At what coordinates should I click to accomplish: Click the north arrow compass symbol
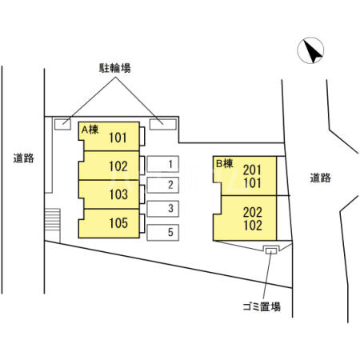click(311, 53)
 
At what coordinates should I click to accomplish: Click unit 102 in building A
click(118, 166)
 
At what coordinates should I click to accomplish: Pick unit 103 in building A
click(118, 194)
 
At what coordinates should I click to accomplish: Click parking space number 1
click(170, 165)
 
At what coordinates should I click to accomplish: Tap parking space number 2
click(170, 186)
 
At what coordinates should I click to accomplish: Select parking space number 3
click(170, 209)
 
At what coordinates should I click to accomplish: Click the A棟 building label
click(89, 129)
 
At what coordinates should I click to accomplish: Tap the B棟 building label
click(224, 163)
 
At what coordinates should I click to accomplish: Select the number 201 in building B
click(252, 169)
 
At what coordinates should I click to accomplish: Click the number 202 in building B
click(252, 214)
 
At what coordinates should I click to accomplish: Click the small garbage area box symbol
click(271, 251)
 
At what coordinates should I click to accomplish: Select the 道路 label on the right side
click(320, 178)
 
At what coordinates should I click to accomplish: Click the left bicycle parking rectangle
click(62, 123)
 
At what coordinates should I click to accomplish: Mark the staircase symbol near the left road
click(53, 218)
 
